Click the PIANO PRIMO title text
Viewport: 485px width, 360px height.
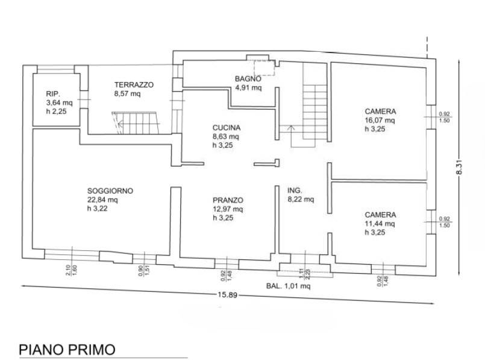click(x=67, y=350)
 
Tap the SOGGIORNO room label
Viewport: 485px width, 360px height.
click(x=110, y=191)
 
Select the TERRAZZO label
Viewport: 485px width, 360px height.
click(x=134, y=85)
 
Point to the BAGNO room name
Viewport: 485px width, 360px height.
click(x=248, y=79)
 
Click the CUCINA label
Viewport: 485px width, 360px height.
click(x=227, y=128)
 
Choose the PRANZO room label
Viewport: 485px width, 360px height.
click(x=228, y=200)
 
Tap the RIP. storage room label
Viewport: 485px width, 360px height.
click(x=53, y=94)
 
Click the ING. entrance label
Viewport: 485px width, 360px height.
click(x=295, y=191)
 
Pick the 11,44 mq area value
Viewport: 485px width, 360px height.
click(x=380, y=224)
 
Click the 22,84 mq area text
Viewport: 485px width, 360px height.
click(x=102, y=200)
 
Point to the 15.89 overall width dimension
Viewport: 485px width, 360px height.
click(x=227, y=295)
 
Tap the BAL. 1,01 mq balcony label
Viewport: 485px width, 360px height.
click(x=288, y=286)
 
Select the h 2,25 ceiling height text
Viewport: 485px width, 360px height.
click(x=56, y=112)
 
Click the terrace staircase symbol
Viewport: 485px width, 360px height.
click(x=136, y=123)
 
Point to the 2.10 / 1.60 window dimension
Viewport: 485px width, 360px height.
click(x=71, y=270)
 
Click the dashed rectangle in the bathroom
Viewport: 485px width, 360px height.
click(x=264, y=68)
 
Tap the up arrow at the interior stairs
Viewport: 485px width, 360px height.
click(x=291, y=136)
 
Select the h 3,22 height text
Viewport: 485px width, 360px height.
click(x=97, y=209)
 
